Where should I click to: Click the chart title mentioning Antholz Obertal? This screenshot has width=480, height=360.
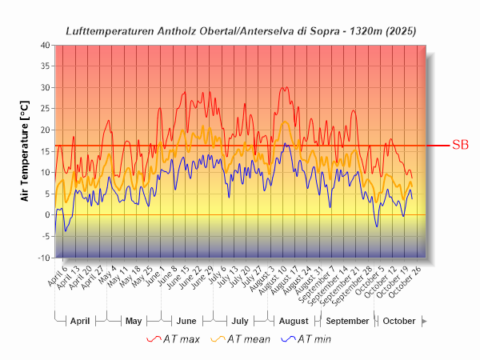pyautogui.click(x=241, y=30)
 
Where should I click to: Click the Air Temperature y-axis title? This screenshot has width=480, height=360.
pyautogui.click(x=23, y=151)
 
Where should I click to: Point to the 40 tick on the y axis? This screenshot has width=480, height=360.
pyautogui.click(x=45, y=45)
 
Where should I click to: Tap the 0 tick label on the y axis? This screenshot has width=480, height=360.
pyautogui.click(x=47, y=215)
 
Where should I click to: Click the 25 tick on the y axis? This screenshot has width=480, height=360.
pyautogui.click(x=45, y=109)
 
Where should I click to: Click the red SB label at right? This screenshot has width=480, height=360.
pyautogui.click(x=460, y=145)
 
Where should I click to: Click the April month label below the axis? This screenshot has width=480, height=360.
pyautogui.click(x=80, y=321)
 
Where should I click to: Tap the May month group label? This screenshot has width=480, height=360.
pyautogui.click(x=134, y=321)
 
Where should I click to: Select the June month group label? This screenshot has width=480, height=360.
pyautogui.click(x=186, y=321)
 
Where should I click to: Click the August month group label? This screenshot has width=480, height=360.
pyautogui.click(x=294, y=321)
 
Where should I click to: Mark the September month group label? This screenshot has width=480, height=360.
pyautogui.click(x=347, y=321)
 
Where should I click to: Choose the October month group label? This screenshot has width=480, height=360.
pyautogui.click(x=399, y=321)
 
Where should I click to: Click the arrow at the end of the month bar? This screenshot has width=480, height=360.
pyautogui.click(x=425, y=321)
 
